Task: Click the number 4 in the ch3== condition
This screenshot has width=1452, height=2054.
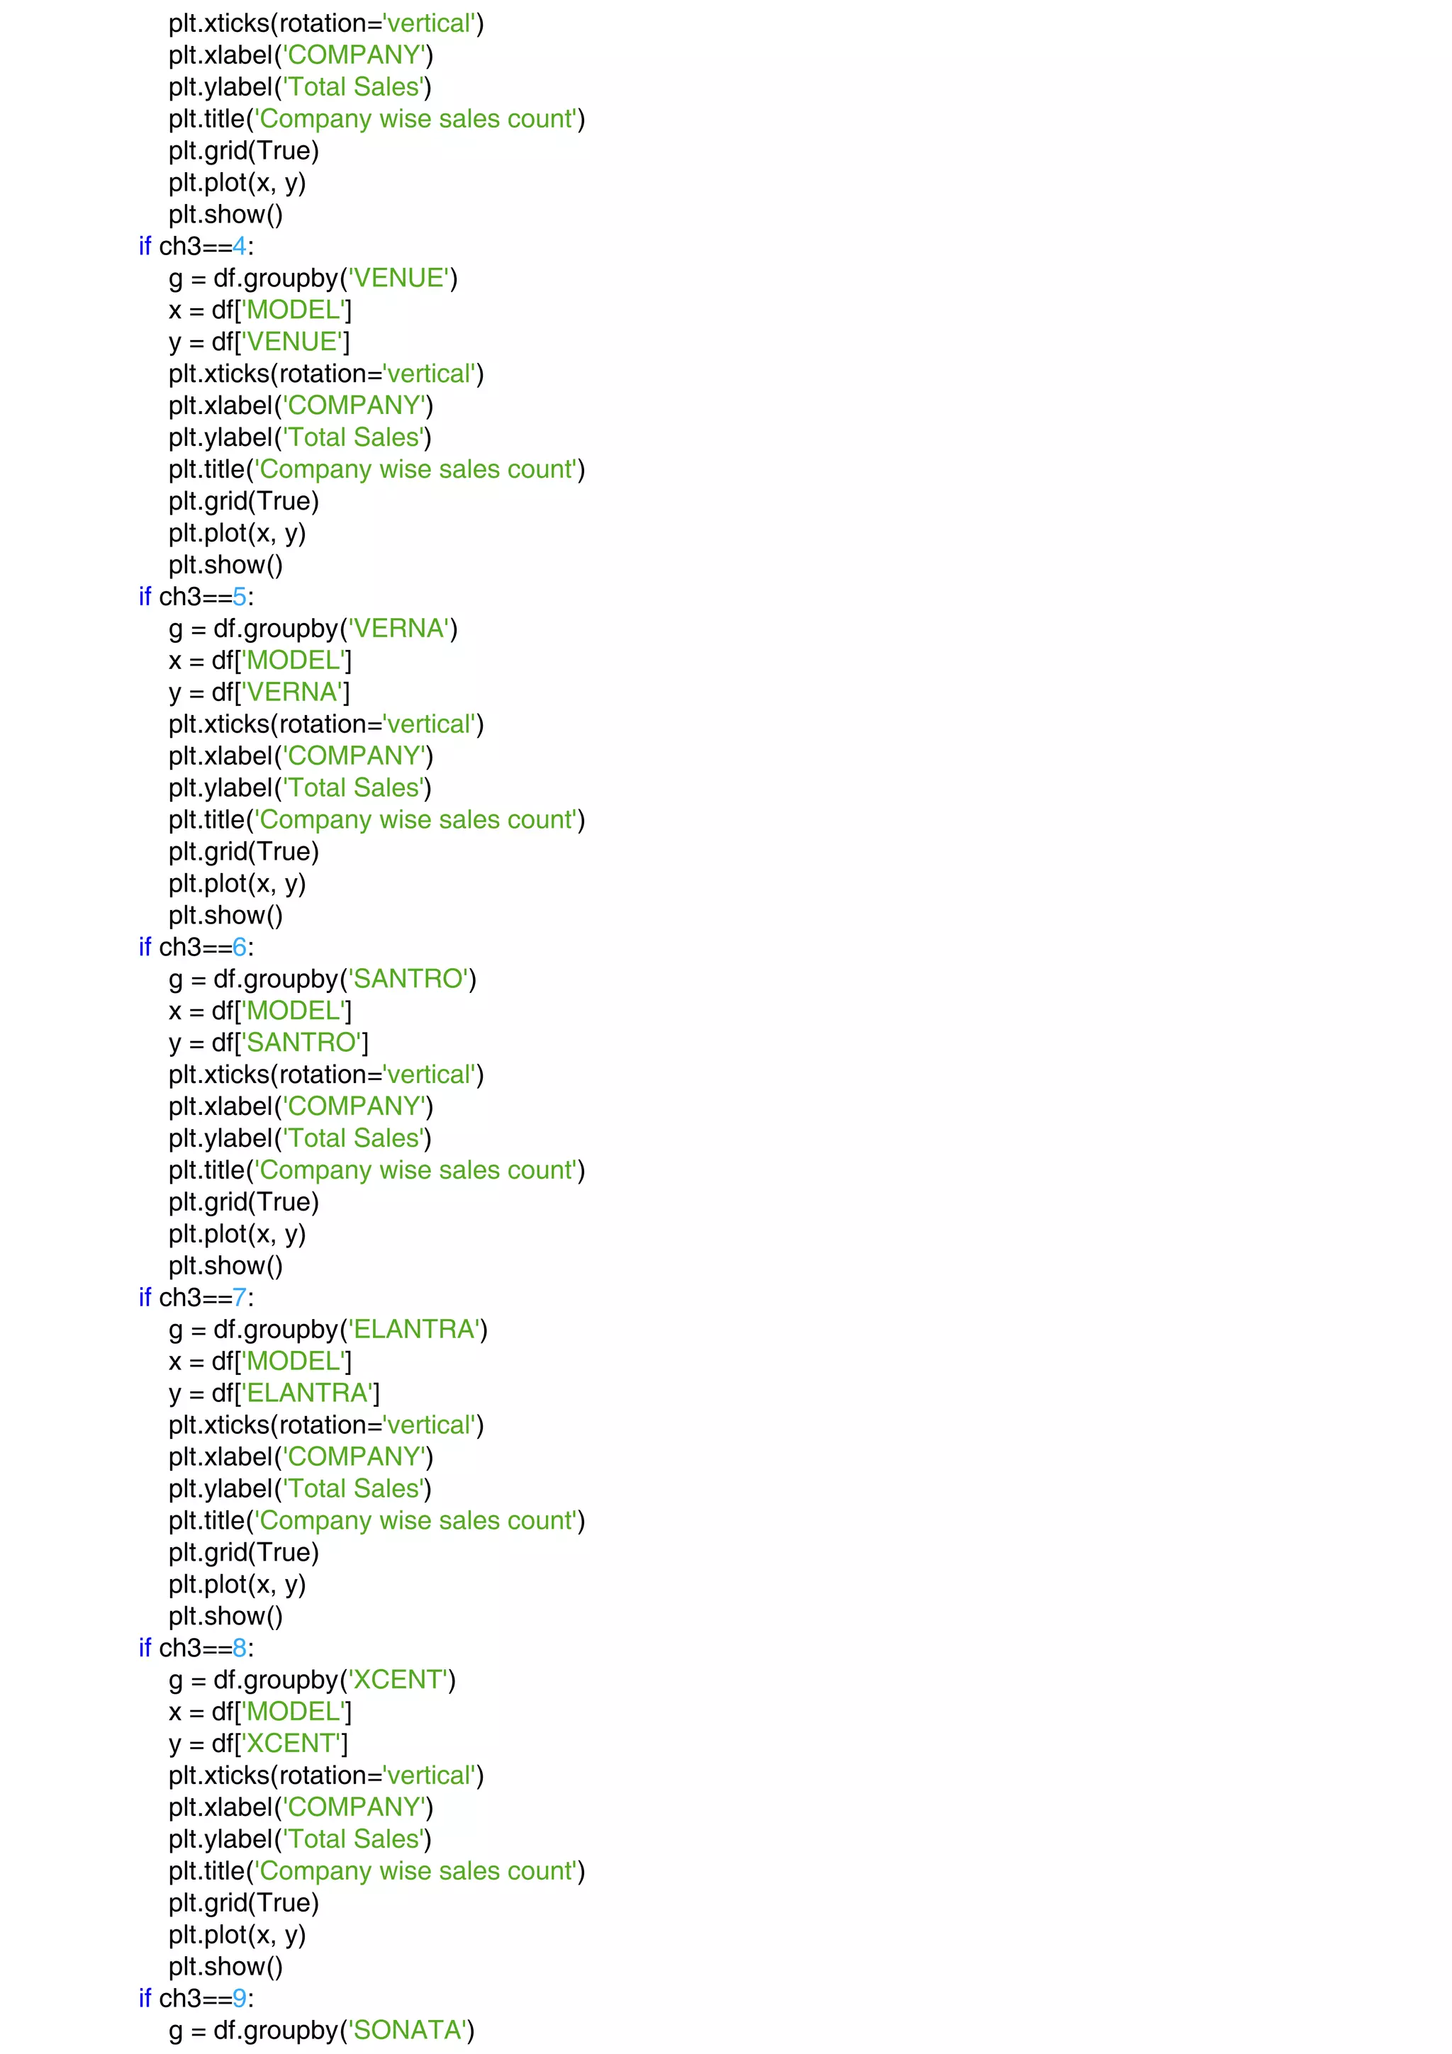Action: coord(239,246)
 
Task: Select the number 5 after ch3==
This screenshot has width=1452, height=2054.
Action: coord(239,597)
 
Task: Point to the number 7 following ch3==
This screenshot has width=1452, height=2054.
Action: coord(239,1297)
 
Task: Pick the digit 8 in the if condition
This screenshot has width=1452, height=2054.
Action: coord(239,1648)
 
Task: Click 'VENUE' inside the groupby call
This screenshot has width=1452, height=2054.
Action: coord(398,279)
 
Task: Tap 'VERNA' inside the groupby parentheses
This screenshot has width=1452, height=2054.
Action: coord(398,629)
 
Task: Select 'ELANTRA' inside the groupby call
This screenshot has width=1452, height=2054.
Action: coord(413,1330)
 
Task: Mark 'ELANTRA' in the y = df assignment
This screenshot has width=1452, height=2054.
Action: coord(307,1393)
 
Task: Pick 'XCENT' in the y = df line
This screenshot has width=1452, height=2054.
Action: coord(291,1744)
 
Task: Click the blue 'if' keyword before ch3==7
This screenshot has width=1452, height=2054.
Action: coord(145,1297)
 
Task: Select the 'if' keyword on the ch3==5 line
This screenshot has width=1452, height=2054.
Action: coord(145,597)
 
